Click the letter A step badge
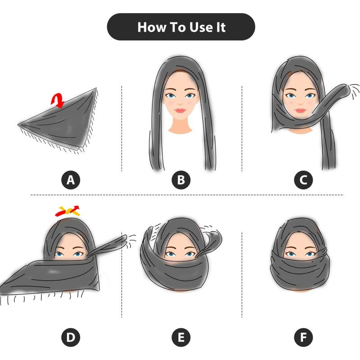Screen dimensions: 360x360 coord(70,180)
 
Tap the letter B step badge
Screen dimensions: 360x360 coord(181,180)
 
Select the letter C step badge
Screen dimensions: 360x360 coord(303,180)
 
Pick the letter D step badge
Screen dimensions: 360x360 coord(70,337)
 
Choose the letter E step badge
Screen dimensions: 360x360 coord(181,337)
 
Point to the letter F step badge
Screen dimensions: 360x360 coord(303,337)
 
